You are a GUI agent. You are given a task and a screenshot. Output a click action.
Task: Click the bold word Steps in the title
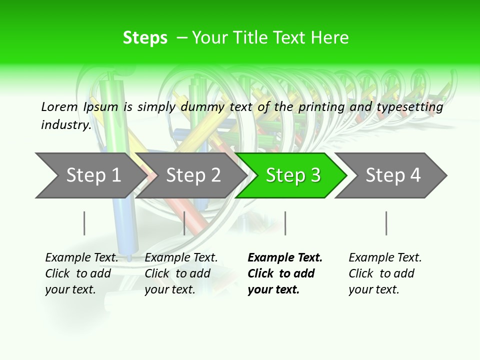point(145,37)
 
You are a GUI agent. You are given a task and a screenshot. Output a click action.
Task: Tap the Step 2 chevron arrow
point(193,175)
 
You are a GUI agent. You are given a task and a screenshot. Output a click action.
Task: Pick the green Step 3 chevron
point(293,175)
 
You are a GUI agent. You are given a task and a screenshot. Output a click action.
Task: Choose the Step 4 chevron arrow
point(393,175)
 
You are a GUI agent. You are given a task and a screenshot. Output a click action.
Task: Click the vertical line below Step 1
point(84,223)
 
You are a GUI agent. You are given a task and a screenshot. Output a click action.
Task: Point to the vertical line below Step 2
point(184,223)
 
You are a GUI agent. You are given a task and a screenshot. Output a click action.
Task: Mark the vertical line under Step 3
point(285,223)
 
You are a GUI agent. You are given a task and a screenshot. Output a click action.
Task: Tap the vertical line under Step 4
point(386,223)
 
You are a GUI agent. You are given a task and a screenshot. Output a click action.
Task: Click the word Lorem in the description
point(59,106)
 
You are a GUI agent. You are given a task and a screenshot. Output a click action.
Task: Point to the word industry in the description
point(66,124)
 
